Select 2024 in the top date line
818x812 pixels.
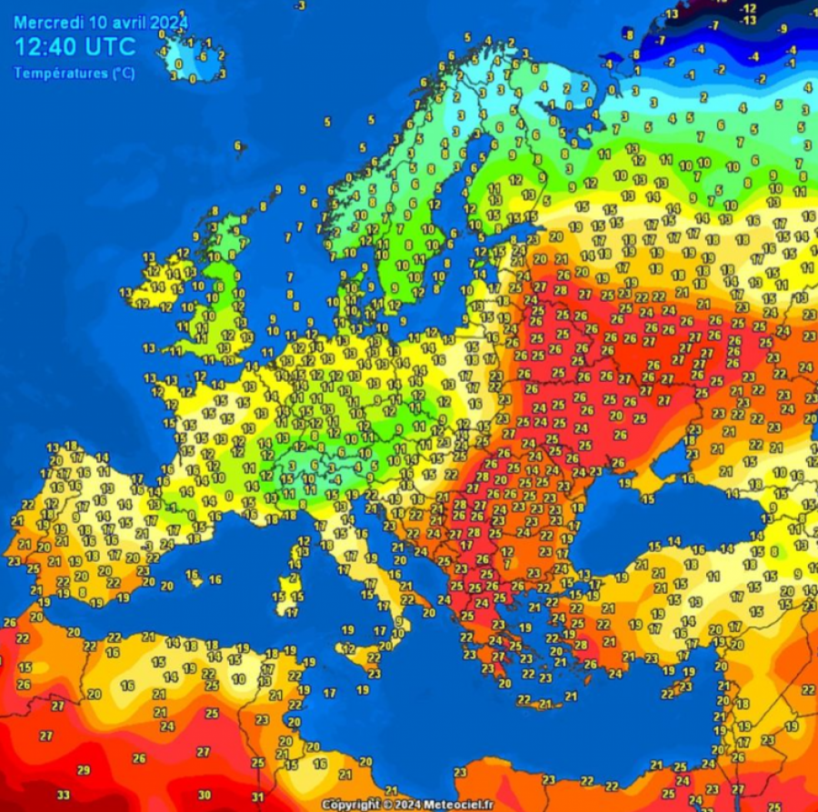tap(170, 22)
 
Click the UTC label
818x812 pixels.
tap(112, 48)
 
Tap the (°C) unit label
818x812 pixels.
tap(123, 74)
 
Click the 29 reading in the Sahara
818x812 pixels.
tap(84, 770)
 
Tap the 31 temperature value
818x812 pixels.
tap(257, 797)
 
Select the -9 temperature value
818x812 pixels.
tap(783, 29)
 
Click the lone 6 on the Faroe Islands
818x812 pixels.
tap(238, 145)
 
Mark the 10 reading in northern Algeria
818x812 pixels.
tap(238, 678)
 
